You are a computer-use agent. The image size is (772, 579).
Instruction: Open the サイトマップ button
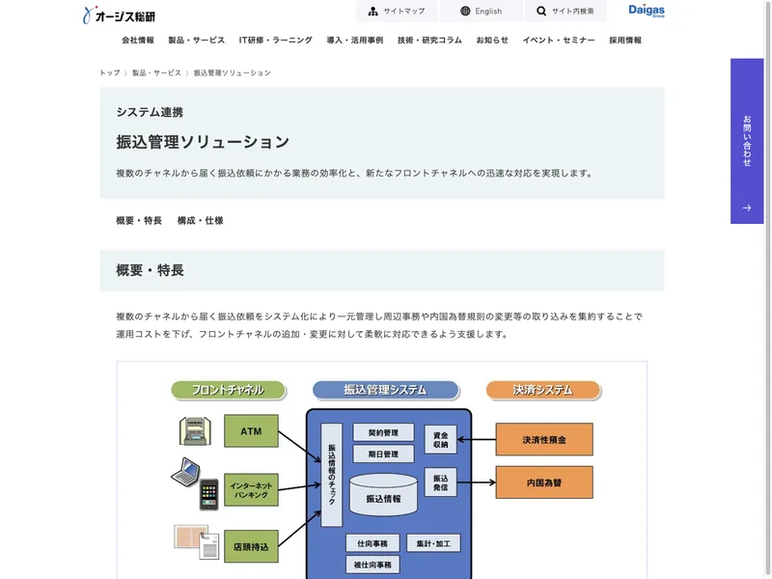pyautogui.click(x=396, y=12)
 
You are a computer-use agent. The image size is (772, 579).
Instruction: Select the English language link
pyautogui.click(x=481, y=12)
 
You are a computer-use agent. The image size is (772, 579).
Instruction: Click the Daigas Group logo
pyautogui.click(x=647, y=12)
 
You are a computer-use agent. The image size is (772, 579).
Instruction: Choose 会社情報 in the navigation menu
pyautogui.click(x=138, y=41)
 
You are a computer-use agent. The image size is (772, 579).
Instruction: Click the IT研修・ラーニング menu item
pyautogui.click(x=276, y=41)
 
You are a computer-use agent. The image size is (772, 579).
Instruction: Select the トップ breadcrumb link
pyautogui.click(x=109, y=73)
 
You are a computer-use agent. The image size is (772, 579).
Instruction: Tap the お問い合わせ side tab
pyautogui.click(x=747, y=141)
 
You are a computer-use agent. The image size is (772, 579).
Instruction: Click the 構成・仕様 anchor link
pyautogui.click(x=200, y=221)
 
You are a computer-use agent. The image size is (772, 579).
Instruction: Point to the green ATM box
pyautogui.click(x=251, y=431)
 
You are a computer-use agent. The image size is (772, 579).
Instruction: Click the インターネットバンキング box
pyautogui.click(x=251, y=487)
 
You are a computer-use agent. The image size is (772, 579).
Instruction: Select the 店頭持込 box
pyautogui.click(x=251, y=547)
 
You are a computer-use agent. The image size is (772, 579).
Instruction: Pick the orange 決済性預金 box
pyautogui.click(x=544, y=440)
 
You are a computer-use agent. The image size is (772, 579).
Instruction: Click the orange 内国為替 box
pyautogui.click(x=544, y=482)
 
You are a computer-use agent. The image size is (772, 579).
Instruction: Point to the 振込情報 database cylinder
pyautogui.click(x=383, y=495)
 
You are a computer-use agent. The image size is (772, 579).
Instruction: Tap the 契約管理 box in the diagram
pyautogui.click(x=383, y=432)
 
